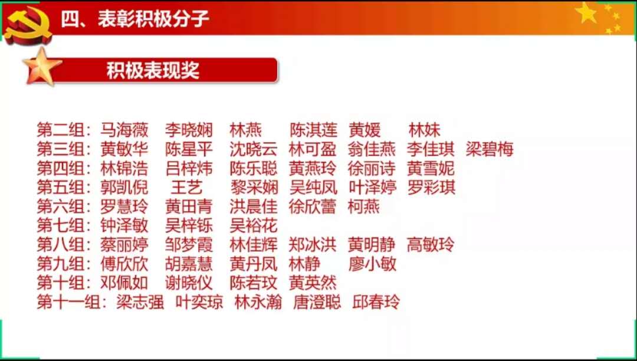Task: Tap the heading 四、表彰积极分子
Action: [135, 19]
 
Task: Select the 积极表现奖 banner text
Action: [153, 70]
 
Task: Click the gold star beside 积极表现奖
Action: [42, 67]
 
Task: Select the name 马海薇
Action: [124, 130]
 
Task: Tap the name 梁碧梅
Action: [490, 149]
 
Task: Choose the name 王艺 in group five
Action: [186, 188]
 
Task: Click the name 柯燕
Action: [363, 207]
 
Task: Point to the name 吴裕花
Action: [254, 225]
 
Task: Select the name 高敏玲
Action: [430, 245]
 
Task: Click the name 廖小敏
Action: [372, 264]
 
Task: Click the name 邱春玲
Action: [376, 302]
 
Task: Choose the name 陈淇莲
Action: [314, 130]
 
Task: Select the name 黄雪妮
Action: [430, 169]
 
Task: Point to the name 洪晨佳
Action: [254, 207]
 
